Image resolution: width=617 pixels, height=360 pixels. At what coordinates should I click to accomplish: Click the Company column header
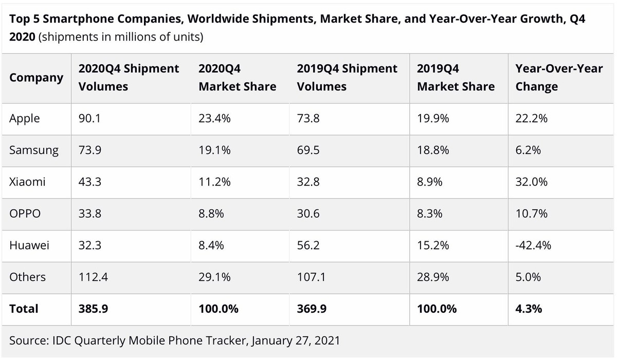point(36,78)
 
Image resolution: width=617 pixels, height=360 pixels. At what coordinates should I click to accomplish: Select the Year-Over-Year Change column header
point(559,78)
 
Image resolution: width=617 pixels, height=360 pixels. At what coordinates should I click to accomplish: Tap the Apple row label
point(25,118)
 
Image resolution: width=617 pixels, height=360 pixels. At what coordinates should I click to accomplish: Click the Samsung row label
point(34,150)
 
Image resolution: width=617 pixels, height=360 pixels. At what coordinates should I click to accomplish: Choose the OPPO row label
point(25,213)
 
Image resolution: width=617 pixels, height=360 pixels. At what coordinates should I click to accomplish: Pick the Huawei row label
point(29,245)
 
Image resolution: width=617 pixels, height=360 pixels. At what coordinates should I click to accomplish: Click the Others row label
point(27,277)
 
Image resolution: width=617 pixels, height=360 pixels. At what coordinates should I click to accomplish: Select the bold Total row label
point(24,309)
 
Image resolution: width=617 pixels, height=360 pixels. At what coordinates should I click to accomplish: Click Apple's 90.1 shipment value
point(89,118)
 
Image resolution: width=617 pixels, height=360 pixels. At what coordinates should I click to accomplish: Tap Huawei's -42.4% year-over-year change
point(534,245)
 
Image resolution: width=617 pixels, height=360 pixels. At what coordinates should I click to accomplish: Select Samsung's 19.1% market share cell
point(214,150)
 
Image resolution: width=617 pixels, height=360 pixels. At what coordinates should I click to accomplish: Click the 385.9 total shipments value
point(93,309)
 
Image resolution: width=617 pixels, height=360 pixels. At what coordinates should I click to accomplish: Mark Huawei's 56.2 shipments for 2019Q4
point(308,245)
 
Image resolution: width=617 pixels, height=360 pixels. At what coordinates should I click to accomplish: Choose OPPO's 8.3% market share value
point(430,213)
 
